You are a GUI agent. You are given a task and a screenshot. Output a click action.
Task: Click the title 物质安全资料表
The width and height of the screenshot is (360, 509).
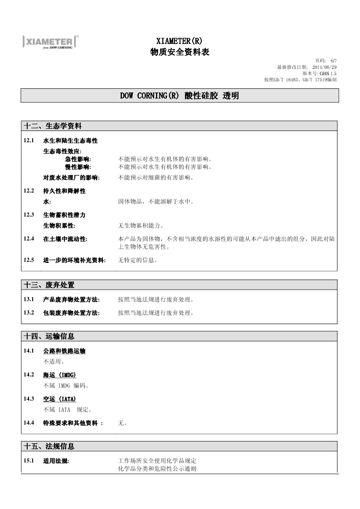pyautogui.click(x=180, y=52)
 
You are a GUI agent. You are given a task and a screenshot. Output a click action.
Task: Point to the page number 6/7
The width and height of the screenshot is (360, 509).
pyautogui.click(x=334, y=61)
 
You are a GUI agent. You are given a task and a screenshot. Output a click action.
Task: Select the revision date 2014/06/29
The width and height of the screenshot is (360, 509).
pyautogui.click(x=324, y=67)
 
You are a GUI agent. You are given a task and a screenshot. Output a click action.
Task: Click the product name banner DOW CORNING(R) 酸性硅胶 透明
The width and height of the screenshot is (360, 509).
pyautogui.click(x=180, y=96)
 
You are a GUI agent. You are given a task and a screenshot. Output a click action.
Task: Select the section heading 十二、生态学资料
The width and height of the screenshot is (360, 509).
pyautogui.click(x=53, y=126)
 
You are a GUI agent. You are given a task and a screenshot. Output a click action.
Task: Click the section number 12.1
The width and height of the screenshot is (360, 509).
pyautogui.click(x=29, y=141)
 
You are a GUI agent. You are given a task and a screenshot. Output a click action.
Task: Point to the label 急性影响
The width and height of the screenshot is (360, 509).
pyautogui.click(x=78, y=160)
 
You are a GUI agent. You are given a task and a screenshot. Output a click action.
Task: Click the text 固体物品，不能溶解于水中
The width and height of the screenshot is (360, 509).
pyautogui.click(x=156, y=201)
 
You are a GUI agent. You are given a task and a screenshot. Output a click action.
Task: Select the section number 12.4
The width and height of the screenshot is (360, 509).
pyautogui.click(x=29, y=238)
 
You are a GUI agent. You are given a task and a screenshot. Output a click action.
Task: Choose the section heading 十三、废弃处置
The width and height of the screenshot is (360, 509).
pyautogui.click(x=49, y=285)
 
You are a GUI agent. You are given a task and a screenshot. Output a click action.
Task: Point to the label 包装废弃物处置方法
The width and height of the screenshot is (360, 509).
pyautogui.click(x=71, y=313)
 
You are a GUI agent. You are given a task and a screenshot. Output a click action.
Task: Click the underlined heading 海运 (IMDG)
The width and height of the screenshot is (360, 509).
pyautogui.click(x=60, y=375)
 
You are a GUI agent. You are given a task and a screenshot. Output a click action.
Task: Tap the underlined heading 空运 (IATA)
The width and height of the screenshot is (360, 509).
pyautogui.click(x=60, y=399)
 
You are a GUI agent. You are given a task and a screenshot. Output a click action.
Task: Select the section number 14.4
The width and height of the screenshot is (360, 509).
pyautogui.click(x=29, y=423)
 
